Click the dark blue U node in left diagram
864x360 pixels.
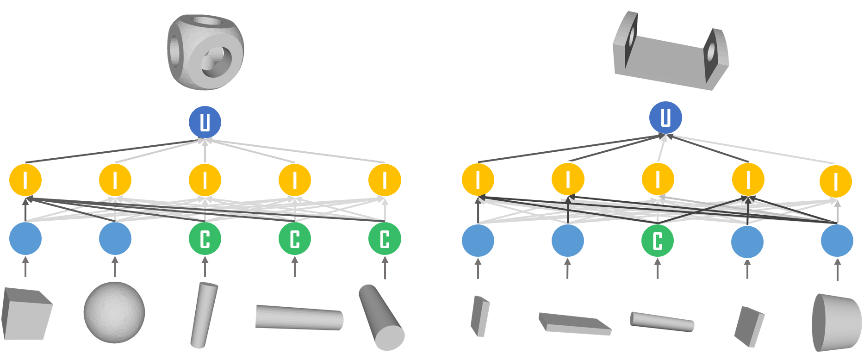[205, 122]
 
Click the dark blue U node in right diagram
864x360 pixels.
[665, 118]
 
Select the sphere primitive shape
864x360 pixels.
[114, 312]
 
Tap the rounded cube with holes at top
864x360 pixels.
[205, 52]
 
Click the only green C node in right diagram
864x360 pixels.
[658, 241]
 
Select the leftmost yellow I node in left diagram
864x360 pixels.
[25, 180]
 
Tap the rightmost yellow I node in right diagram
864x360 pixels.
[836, 181]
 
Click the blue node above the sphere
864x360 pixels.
[115, 239]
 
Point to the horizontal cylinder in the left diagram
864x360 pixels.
[299, 317]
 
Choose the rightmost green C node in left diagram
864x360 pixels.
[385, 239]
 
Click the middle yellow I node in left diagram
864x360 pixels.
[205, 180]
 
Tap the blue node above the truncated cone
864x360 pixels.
[837, 241]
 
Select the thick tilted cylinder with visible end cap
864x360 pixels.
[381, 317]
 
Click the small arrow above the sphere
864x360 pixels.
[115, 267]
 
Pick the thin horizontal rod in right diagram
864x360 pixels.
[662, 321]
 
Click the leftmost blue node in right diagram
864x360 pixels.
[478, 241]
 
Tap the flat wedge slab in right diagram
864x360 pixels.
[575, 324]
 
